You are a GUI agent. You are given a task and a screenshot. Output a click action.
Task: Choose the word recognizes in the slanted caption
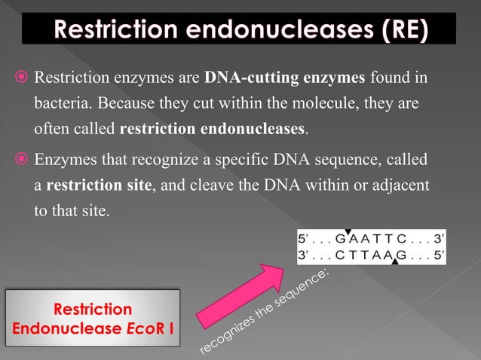click(225, 336)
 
